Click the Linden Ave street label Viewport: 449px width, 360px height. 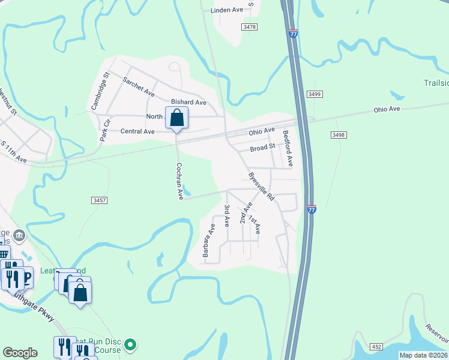(x=227, y=10)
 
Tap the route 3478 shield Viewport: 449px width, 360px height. (x=250, y=27)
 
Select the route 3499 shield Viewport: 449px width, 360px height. (x=314, y=94)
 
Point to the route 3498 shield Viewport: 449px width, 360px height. (x=338, y=136)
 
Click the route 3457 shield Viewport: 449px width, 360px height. (x=100, y=200)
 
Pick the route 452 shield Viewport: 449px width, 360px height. (x=376, y=346)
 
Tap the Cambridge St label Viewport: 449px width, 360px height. (x=100, y=91)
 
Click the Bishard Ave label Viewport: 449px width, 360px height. (x=188, y=103)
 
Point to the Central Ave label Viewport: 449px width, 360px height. (x=137, y=131)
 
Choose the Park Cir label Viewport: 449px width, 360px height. (x=106, y=131)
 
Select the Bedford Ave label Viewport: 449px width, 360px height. (x=288, y=149)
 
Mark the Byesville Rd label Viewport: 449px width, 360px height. (x=261, y=187)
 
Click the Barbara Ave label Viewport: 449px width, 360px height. (x=209, y=241)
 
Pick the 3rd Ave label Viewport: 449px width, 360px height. (x=228, y=215)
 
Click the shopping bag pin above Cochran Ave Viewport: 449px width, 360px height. (x=176, y=118)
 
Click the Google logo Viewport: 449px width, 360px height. (x=20, y=353)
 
